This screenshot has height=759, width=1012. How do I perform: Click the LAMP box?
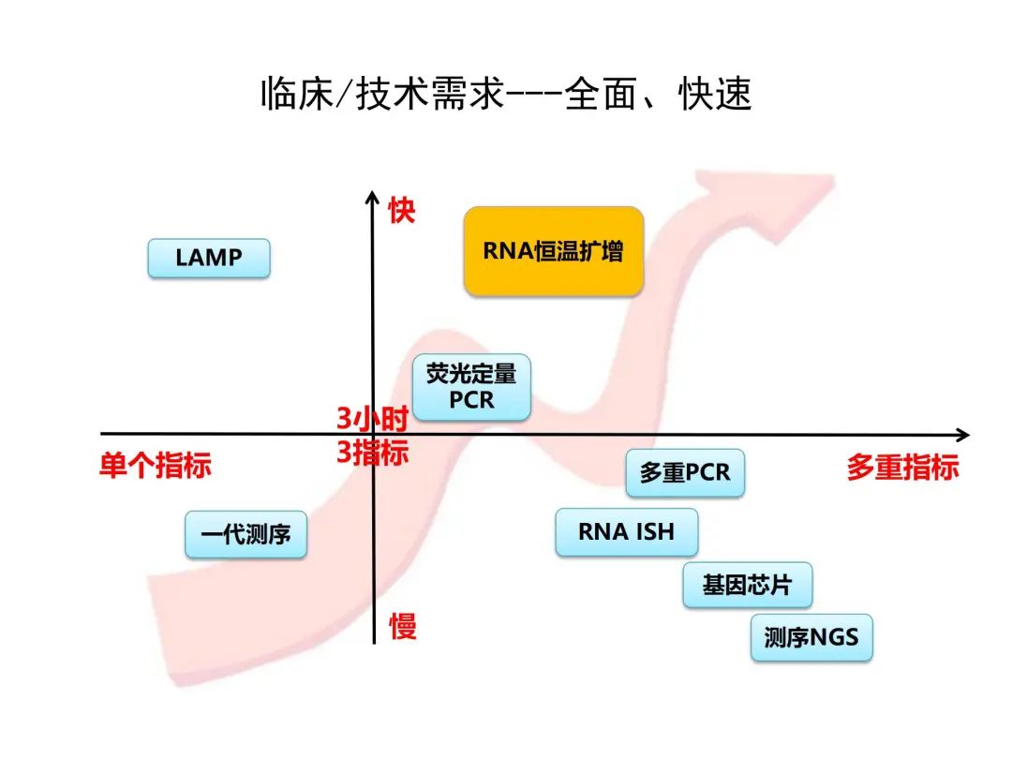click(209, 258)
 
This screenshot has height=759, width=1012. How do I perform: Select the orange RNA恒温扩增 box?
click(554, 251)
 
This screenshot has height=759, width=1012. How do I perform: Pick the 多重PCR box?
click(685, 472)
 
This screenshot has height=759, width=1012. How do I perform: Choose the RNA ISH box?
click(626, 532)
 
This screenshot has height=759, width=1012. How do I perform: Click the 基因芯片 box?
click(747, 586)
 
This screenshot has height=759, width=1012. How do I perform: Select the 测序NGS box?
click(811, 637)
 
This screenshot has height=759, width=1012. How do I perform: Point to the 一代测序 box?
click(246, 535)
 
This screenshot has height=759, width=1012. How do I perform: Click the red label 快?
click(402, 211)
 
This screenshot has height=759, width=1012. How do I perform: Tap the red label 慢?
click(403, 626)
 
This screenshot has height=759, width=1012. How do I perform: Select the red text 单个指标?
click(156, 466)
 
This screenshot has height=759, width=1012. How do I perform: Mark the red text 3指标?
click(373, 453)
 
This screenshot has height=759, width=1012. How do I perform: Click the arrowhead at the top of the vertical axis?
click(373, 201)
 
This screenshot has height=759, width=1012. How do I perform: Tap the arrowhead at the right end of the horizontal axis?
click(961, 435)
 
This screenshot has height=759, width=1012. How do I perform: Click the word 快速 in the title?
click(716, 95)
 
